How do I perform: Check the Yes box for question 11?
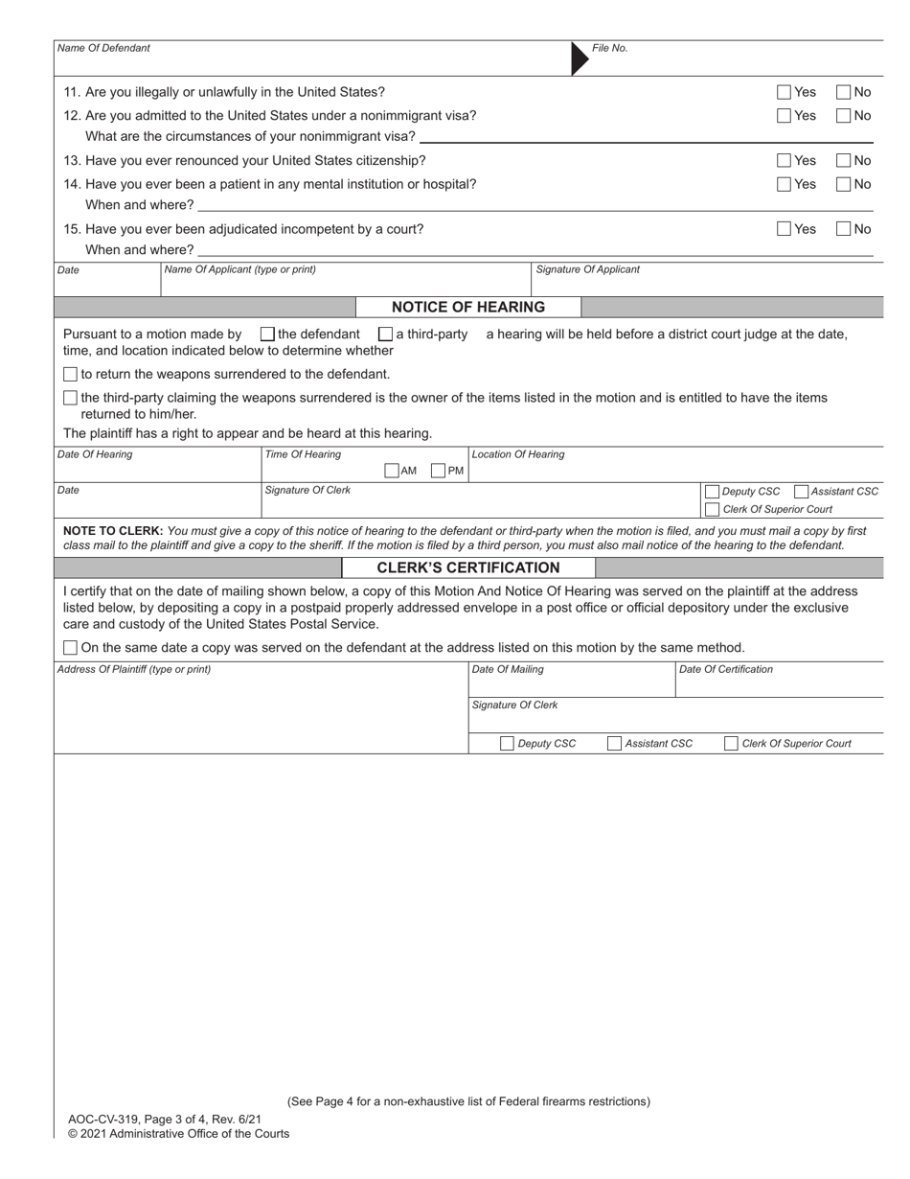[x=784, y=92]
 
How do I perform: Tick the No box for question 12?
[x=843, y=116]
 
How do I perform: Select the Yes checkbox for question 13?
[x=784, y=160]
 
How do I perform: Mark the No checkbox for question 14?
[x=843, y=184]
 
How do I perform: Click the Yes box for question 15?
[x=784, y=229]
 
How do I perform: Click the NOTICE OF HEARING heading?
[x=468, y=308]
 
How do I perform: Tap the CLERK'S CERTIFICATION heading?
[x=468, y=567]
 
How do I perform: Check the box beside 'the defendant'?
[x=267, y=335]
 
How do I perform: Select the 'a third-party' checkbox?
[x=385, y=335]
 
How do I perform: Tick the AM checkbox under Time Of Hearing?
[x=391, y=471]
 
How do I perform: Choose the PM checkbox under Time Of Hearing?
[x=438, y=471]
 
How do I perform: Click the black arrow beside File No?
[x=580, y=58]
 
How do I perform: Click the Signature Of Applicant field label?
[x=587, y=269]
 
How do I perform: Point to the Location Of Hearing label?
[x=517, y=454]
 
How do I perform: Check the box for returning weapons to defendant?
[x=70, y=374]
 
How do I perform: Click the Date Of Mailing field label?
[x=508, y=669]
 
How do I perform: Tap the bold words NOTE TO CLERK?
[x=112, y=530]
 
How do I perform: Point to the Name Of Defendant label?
[x=103, y=48]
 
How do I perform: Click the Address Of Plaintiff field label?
[x=134, y=669]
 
